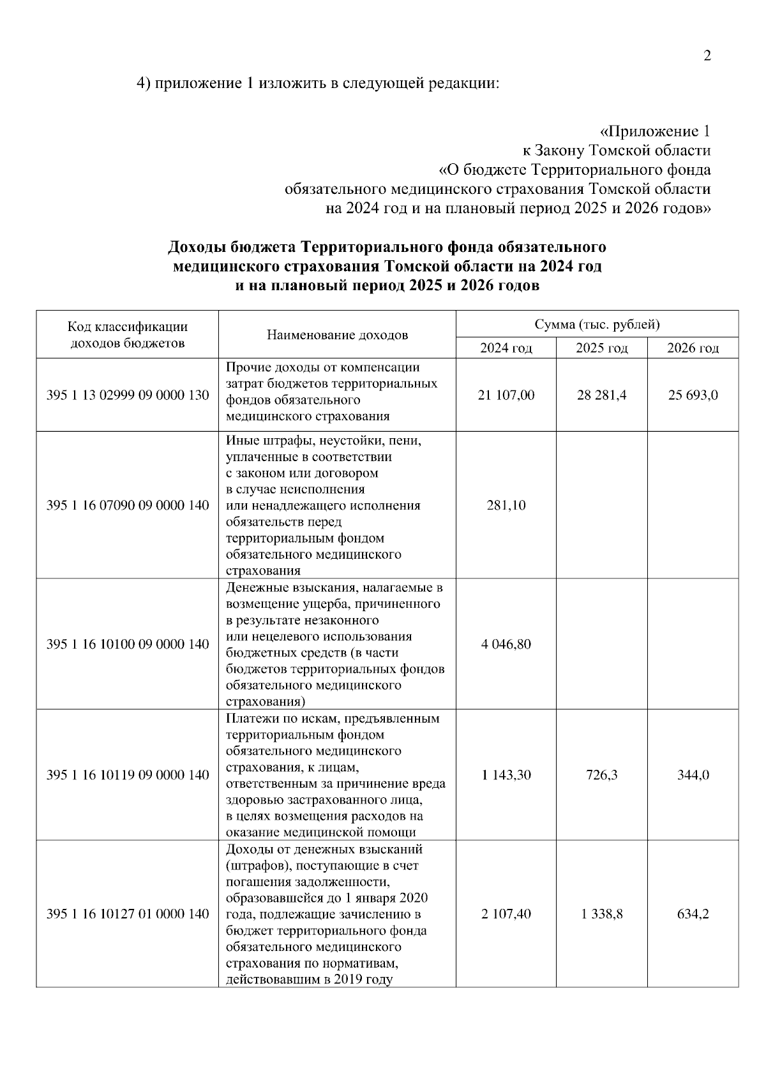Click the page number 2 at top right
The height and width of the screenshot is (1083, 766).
tap(707, 55)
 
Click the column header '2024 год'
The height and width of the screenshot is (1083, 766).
tap(506, 348)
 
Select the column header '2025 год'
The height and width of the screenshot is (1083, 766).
tap(601, 348)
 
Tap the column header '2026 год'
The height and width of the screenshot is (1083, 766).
tap(693, 348)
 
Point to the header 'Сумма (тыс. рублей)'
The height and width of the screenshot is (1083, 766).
tap(597, 325)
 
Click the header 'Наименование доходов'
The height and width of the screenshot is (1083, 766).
tap(337, 335)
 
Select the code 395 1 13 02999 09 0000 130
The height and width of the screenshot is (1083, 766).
tap(128, 395)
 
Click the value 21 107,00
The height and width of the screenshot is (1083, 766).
tap(506, 395)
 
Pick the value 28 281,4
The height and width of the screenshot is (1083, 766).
tap(601, 395)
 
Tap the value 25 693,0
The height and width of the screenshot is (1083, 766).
tap(693, 395)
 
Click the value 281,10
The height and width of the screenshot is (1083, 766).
tap(506, 505)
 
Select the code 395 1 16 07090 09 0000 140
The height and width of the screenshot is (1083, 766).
tap(128, 505)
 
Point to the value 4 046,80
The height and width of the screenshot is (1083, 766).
tap(506, 644)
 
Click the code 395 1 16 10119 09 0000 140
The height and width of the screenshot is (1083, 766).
tap(128, 775)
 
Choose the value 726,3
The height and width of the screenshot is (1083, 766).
tap(601, 775)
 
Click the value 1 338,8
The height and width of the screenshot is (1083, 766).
tap(601, 914)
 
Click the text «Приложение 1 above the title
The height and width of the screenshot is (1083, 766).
tap(654, 131)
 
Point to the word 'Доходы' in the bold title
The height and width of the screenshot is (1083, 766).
tap(197, 247)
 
